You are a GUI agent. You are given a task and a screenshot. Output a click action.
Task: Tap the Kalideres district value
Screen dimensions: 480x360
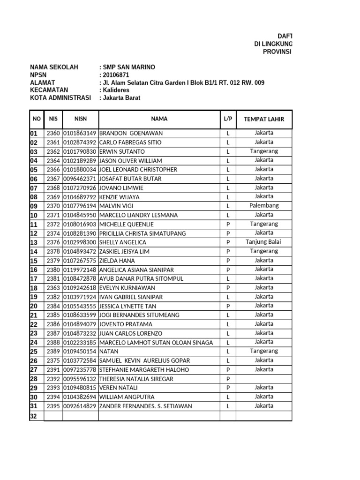click(116, 90)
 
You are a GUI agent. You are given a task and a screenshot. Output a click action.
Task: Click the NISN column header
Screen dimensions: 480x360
click(80, 119)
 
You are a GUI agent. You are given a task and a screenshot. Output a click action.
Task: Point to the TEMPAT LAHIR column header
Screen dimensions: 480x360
click(264, 119)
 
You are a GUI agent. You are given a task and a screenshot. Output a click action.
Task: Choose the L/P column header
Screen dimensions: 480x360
click(228, 119)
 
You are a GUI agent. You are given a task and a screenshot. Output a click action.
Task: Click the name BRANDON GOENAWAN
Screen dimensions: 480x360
click(126, 133)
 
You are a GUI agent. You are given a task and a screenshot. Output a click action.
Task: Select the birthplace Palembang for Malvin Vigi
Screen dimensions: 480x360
click(264, 205)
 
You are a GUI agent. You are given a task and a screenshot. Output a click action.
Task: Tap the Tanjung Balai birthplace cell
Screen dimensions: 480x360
click(264, 242)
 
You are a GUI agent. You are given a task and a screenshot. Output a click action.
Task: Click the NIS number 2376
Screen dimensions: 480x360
click(53, 242)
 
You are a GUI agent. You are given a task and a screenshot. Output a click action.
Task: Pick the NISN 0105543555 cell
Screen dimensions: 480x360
click(80, 306)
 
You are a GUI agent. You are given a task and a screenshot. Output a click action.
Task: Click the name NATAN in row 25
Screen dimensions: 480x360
click(109, 352)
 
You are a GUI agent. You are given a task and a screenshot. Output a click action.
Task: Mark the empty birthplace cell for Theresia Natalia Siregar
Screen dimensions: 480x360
click(264, 379)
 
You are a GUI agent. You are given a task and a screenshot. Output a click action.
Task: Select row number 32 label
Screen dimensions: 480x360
click(34, 416)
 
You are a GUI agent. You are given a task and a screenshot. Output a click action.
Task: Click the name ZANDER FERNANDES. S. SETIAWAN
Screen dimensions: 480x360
click(145, 406)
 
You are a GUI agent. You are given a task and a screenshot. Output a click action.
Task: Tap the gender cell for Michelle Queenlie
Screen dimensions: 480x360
click(228, 225)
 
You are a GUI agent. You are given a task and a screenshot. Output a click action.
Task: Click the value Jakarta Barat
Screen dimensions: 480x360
click(121, 98)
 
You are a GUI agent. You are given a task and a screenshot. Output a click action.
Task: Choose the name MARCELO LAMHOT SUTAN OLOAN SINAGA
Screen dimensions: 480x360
click(156, 343)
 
